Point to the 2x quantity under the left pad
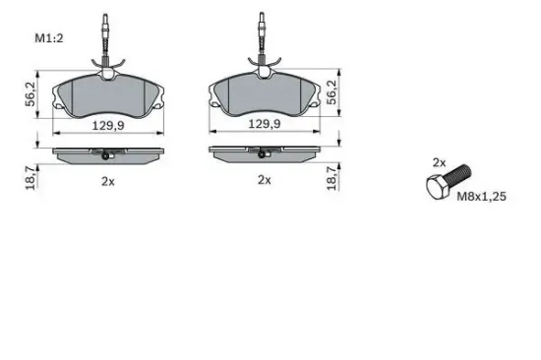click(107, 180)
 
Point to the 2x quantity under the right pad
click(264, 180)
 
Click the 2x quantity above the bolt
click(439, 161)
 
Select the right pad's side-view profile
click(263, 155)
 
